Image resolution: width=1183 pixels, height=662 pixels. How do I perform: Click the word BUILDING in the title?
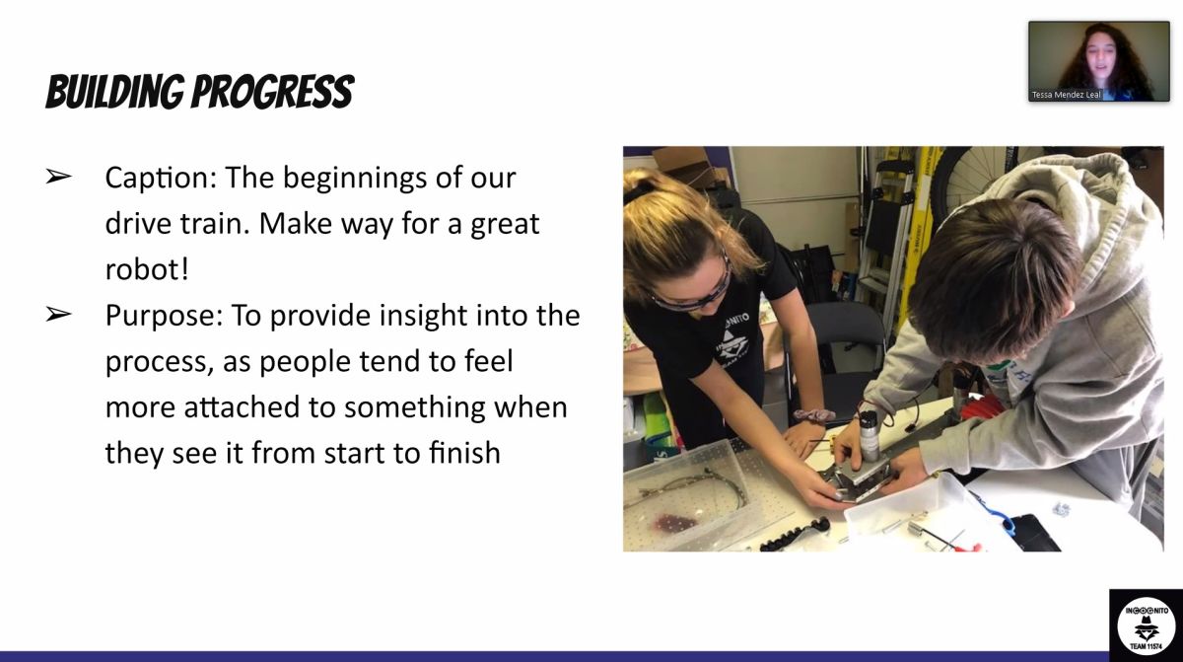point(115,92)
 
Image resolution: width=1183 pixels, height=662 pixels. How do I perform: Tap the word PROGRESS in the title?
point(273,92)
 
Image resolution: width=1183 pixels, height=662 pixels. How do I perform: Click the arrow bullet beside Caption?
point(58,176)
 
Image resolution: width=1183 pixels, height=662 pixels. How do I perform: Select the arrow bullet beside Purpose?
point(58,314)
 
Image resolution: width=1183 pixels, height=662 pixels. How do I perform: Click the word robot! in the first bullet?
point(147,269)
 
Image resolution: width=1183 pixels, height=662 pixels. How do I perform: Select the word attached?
point(242,406)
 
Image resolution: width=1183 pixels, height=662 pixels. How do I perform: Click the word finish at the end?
point(464,453)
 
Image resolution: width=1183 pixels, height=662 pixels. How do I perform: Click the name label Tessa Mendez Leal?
point(1067,95)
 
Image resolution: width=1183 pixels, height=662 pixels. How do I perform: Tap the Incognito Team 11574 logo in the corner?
point(1146,626)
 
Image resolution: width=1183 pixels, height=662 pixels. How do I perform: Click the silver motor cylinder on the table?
point(870,436)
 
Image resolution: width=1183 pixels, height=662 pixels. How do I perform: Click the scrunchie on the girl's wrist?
point(814,415)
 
